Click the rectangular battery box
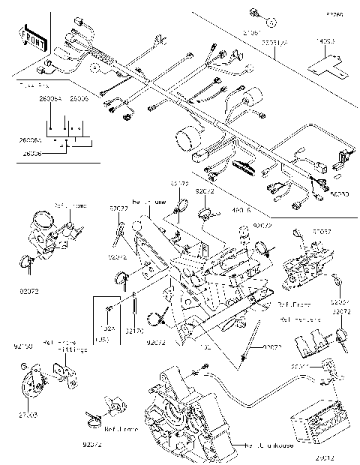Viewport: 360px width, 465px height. point(315,427)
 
